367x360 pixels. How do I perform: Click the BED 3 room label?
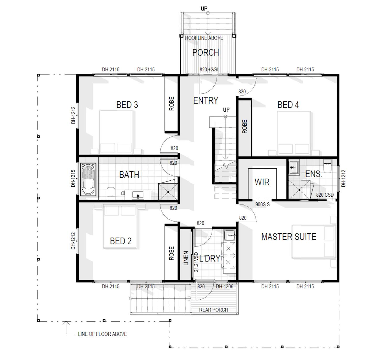(127, 105)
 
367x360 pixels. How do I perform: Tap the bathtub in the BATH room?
(88, 179)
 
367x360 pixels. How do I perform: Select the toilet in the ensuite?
(327, 166)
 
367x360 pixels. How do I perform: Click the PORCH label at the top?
(206, 52)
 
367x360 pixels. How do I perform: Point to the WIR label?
(262, 182)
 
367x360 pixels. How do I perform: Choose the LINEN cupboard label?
(186, 258)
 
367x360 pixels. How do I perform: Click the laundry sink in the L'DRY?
(230, 235)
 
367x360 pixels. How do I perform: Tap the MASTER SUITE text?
(289, 237)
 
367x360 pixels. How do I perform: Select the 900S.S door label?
(262, 205)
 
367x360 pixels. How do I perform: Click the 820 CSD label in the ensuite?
(325, 195)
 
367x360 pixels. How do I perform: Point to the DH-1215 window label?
(73, 178)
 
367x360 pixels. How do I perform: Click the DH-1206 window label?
(225, 286)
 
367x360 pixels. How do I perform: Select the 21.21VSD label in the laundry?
(196, 262)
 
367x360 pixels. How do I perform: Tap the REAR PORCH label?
(213, 310)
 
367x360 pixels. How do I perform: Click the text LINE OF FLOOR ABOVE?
(102, 334)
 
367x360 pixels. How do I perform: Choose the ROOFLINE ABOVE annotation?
(204, 38)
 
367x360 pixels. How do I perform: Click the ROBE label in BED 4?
(245, 126)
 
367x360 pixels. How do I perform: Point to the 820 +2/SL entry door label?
(209, 69)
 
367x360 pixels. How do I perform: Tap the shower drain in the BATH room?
(168, 192)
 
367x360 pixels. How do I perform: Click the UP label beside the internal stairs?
(226, 110)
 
